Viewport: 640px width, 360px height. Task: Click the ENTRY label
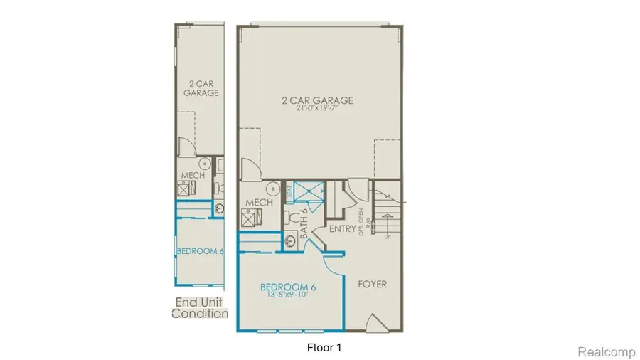[x=342, y=228]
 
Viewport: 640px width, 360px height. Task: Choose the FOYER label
[x=372, y=284]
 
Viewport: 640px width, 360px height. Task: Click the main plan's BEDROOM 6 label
[x=287, y=287]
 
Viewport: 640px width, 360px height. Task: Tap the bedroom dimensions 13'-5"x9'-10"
[x=287, y=296]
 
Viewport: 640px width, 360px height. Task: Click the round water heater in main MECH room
[x=272, y=189]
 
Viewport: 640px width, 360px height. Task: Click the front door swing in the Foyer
[x=375, y=323]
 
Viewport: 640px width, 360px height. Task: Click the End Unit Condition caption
[x=200, y=307]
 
